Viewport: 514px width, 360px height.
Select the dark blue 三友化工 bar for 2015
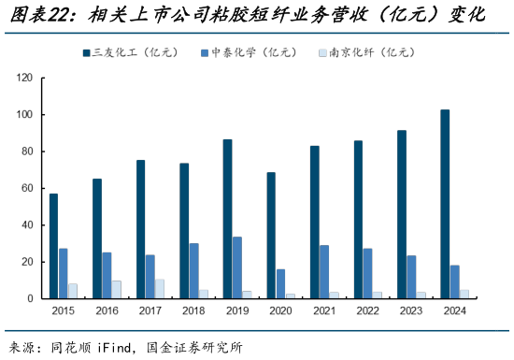pos(53,246)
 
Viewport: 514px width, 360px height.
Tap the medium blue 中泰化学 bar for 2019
pos(237,267)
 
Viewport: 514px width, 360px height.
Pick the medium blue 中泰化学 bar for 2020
pos(281,283)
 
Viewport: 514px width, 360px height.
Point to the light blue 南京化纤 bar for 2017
pos(160,289)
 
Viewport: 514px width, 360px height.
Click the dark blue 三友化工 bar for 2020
pos(271,235)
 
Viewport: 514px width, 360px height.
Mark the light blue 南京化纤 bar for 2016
pos(117,290)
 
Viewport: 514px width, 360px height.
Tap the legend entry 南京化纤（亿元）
pos(368,54)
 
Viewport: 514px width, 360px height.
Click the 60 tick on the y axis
pos(25,188)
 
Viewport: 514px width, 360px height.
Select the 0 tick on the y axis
pos(28,298)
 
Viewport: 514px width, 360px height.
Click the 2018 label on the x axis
pos(194,310)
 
